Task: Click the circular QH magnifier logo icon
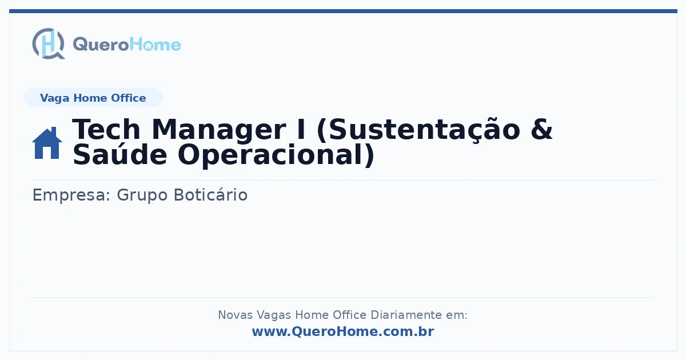49,43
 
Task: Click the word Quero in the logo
101,45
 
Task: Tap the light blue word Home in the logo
155,44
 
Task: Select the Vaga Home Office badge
93,98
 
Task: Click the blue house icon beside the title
47,143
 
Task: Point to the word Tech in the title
106,130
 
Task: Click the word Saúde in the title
119,154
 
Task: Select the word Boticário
211,195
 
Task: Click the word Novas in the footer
235,315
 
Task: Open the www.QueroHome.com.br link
343,331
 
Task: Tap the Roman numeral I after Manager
301,130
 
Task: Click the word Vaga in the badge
54,98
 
